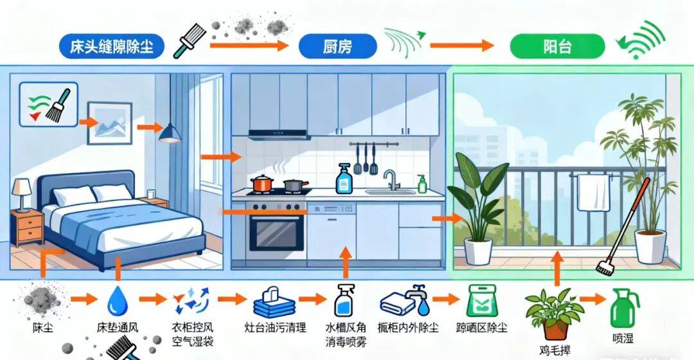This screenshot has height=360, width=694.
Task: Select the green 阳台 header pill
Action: coord(557,46)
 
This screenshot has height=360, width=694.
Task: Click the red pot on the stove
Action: coord(262,184)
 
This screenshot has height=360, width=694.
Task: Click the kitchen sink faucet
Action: coord(390,179)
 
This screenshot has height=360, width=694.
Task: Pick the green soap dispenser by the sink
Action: coord(422,184)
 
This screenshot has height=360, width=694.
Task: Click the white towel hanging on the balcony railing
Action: coord(592,192)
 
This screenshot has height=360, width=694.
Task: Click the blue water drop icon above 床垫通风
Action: coord(116,300)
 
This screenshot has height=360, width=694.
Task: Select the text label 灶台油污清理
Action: coord(276,327)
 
